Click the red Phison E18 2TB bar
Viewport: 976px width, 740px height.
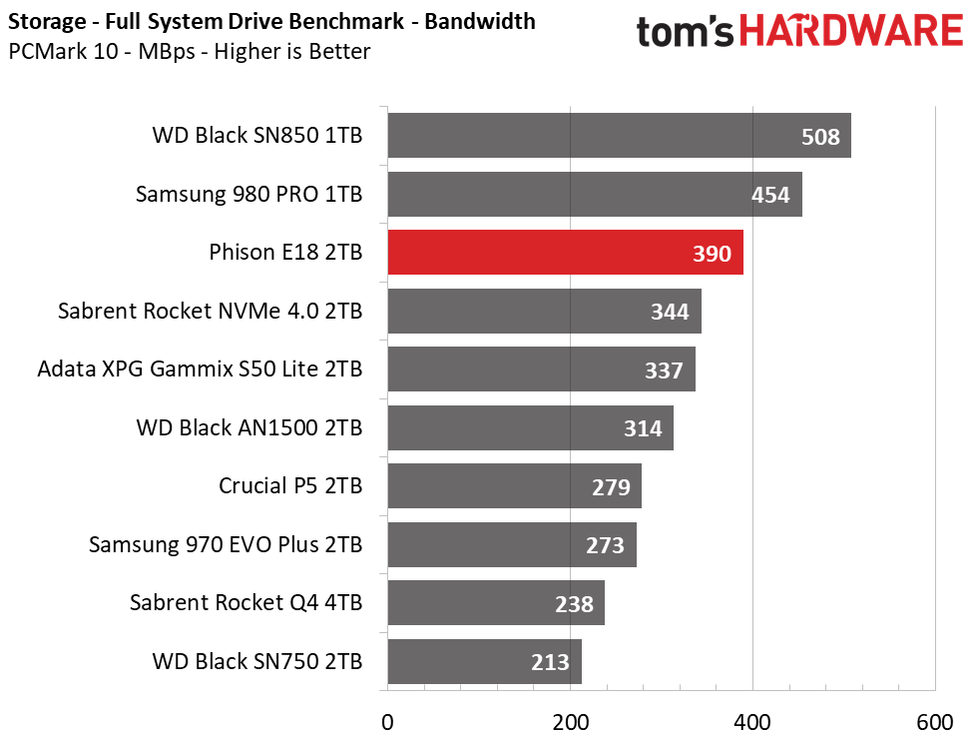click(x=565, y=253)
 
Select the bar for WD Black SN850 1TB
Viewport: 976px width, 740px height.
click(x=620, y=135)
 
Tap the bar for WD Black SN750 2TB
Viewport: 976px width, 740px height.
click(x=484, y=661)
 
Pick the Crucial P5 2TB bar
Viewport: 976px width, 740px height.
click(x=514, y=486)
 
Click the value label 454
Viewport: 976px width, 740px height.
click(x=770, y=195)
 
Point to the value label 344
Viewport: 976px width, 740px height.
click(x=670, y=312)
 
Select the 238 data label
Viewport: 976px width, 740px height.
click(x=574, y=604)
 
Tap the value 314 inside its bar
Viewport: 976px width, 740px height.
click(x=643, y=428)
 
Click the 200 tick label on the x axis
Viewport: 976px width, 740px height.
click(x=570, y=723)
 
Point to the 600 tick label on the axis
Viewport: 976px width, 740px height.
click(x=935, y=723)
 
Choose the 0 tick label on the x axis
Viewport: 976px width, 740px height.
click(x=387, y=723)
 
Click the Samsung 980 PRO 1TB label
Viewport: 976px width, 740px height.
click(x=248, y=194)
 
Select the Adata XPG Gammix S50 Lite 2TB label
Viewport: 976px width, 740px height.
click(x=200, y=369)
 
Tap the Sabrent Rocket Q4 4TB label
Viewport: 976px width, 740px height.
click(x=245, y=603)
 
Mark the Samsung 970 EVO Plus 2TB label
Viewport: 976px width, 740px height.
click(x=226, y=544)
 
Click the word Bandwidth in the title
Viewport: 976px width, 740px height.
click(x=480, y=21)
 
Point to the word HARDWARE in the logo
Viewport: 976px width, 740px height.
click(x=851, y=31)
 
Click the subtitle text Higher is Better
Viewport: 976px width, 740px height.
click(x=292, y=51)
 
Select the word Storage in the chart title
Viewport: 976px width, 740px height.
click(x=47, y=22)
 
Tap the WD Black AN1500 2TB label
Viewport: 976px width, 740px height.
click(x=248, y=428)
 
